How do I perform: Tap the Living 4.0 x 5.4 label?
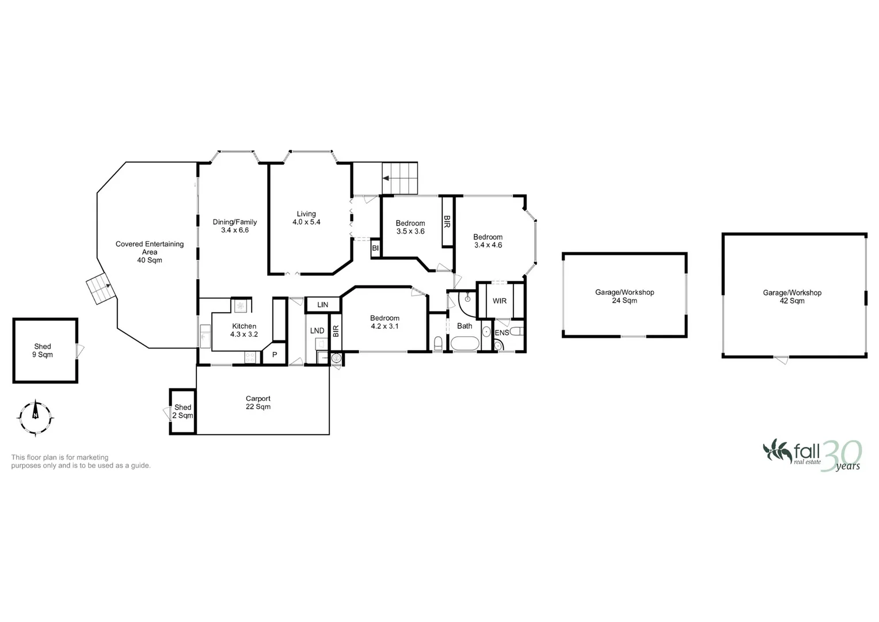[x=306, y=218]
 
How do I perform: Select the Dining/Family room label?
[x=235, y=226]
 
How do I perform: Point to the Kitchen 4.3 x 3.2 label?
[x=244, y=330]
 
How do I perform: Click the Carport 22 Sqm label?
[x=258, y=403]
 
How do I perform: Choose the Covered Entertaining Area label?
[x=150, y=252]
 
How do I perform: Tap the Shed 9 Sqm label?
[x=43, y=350]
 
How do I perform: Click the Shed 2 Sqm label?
[x=182, y=411]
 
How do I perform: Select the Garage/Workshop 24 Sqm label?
[x=625, y=296]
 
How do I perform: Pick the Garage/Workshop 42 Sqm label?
[x=792, y=297]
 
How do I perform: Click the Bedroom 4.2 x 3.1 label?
[x=385, y=322]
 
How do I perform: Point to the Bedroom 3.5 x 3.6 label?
[x=410, y=227]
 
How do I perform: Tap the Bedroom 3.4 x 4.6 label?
[x=488, y=241]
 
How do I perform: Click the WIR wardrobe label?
[x=500, y=301]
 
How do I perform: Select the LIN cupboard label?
[x=322, y=305]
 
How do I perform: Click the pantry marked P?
[x=275, y=355]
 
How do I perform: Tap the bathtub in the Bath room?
[x=465, y=344]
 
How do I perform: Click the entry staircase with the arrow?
[x=399, y=179]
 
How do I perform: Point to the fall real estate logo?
[x=812, y=455]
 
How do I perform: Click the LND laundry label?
[x=317, y=331]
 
